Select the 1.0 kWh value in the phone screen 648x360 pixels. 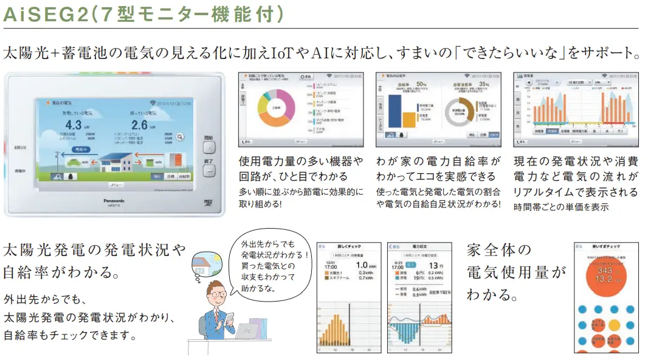[363, 265]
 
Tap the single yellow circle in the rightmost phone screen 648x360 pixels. [614, 325]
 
